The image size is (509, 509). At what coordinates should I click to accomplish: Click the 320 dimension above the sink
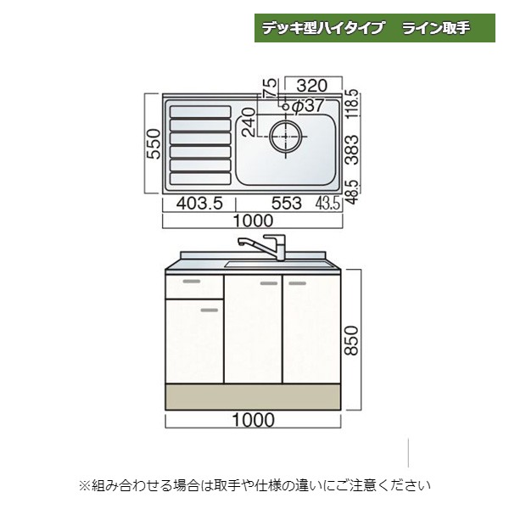(311, 86)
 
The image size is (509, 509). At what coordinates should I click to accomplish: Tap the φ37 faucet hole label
(308, 105)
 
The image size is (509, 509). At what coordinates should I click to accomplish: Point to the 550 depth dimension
(154, 144)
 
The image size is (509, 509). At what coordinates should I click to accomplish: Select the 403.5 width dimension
(199, 204)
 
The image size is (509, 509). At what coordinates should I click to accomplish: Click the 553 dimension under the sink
(287, 204)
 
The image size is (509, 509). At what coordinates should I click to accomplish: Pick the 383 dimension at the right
(352, 149)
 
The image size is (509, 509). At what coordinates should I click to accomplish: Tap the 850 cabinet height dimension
(351, 340)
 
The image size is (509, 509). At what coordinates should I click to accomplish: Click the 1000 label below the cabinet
(253, 420)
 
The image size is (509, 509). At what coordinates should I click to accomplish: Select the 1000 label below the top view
(253, 221)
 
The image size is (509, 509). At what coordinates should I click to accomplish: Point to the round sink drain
(286, 136)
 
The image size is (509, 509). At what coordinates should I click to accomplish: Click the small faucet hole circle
(286, 106)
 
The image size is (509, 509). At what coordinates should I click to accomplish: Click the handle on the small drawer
(192, 281)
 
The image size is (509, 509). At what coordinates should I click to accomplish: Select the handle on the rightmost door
(298, 283)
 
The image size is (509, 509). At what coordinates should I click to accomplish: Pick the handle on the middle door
(269, 283)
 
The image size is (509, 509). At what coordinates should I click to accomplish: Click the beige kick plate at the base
(253, 397)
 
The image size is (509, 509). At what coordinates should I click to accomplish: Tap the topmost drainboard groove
(200, 112)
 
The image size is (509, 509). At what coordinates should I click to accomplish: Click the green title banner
(375, 28)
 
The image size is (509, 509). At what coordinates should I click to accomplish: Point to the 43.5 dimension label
(327, 204)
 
